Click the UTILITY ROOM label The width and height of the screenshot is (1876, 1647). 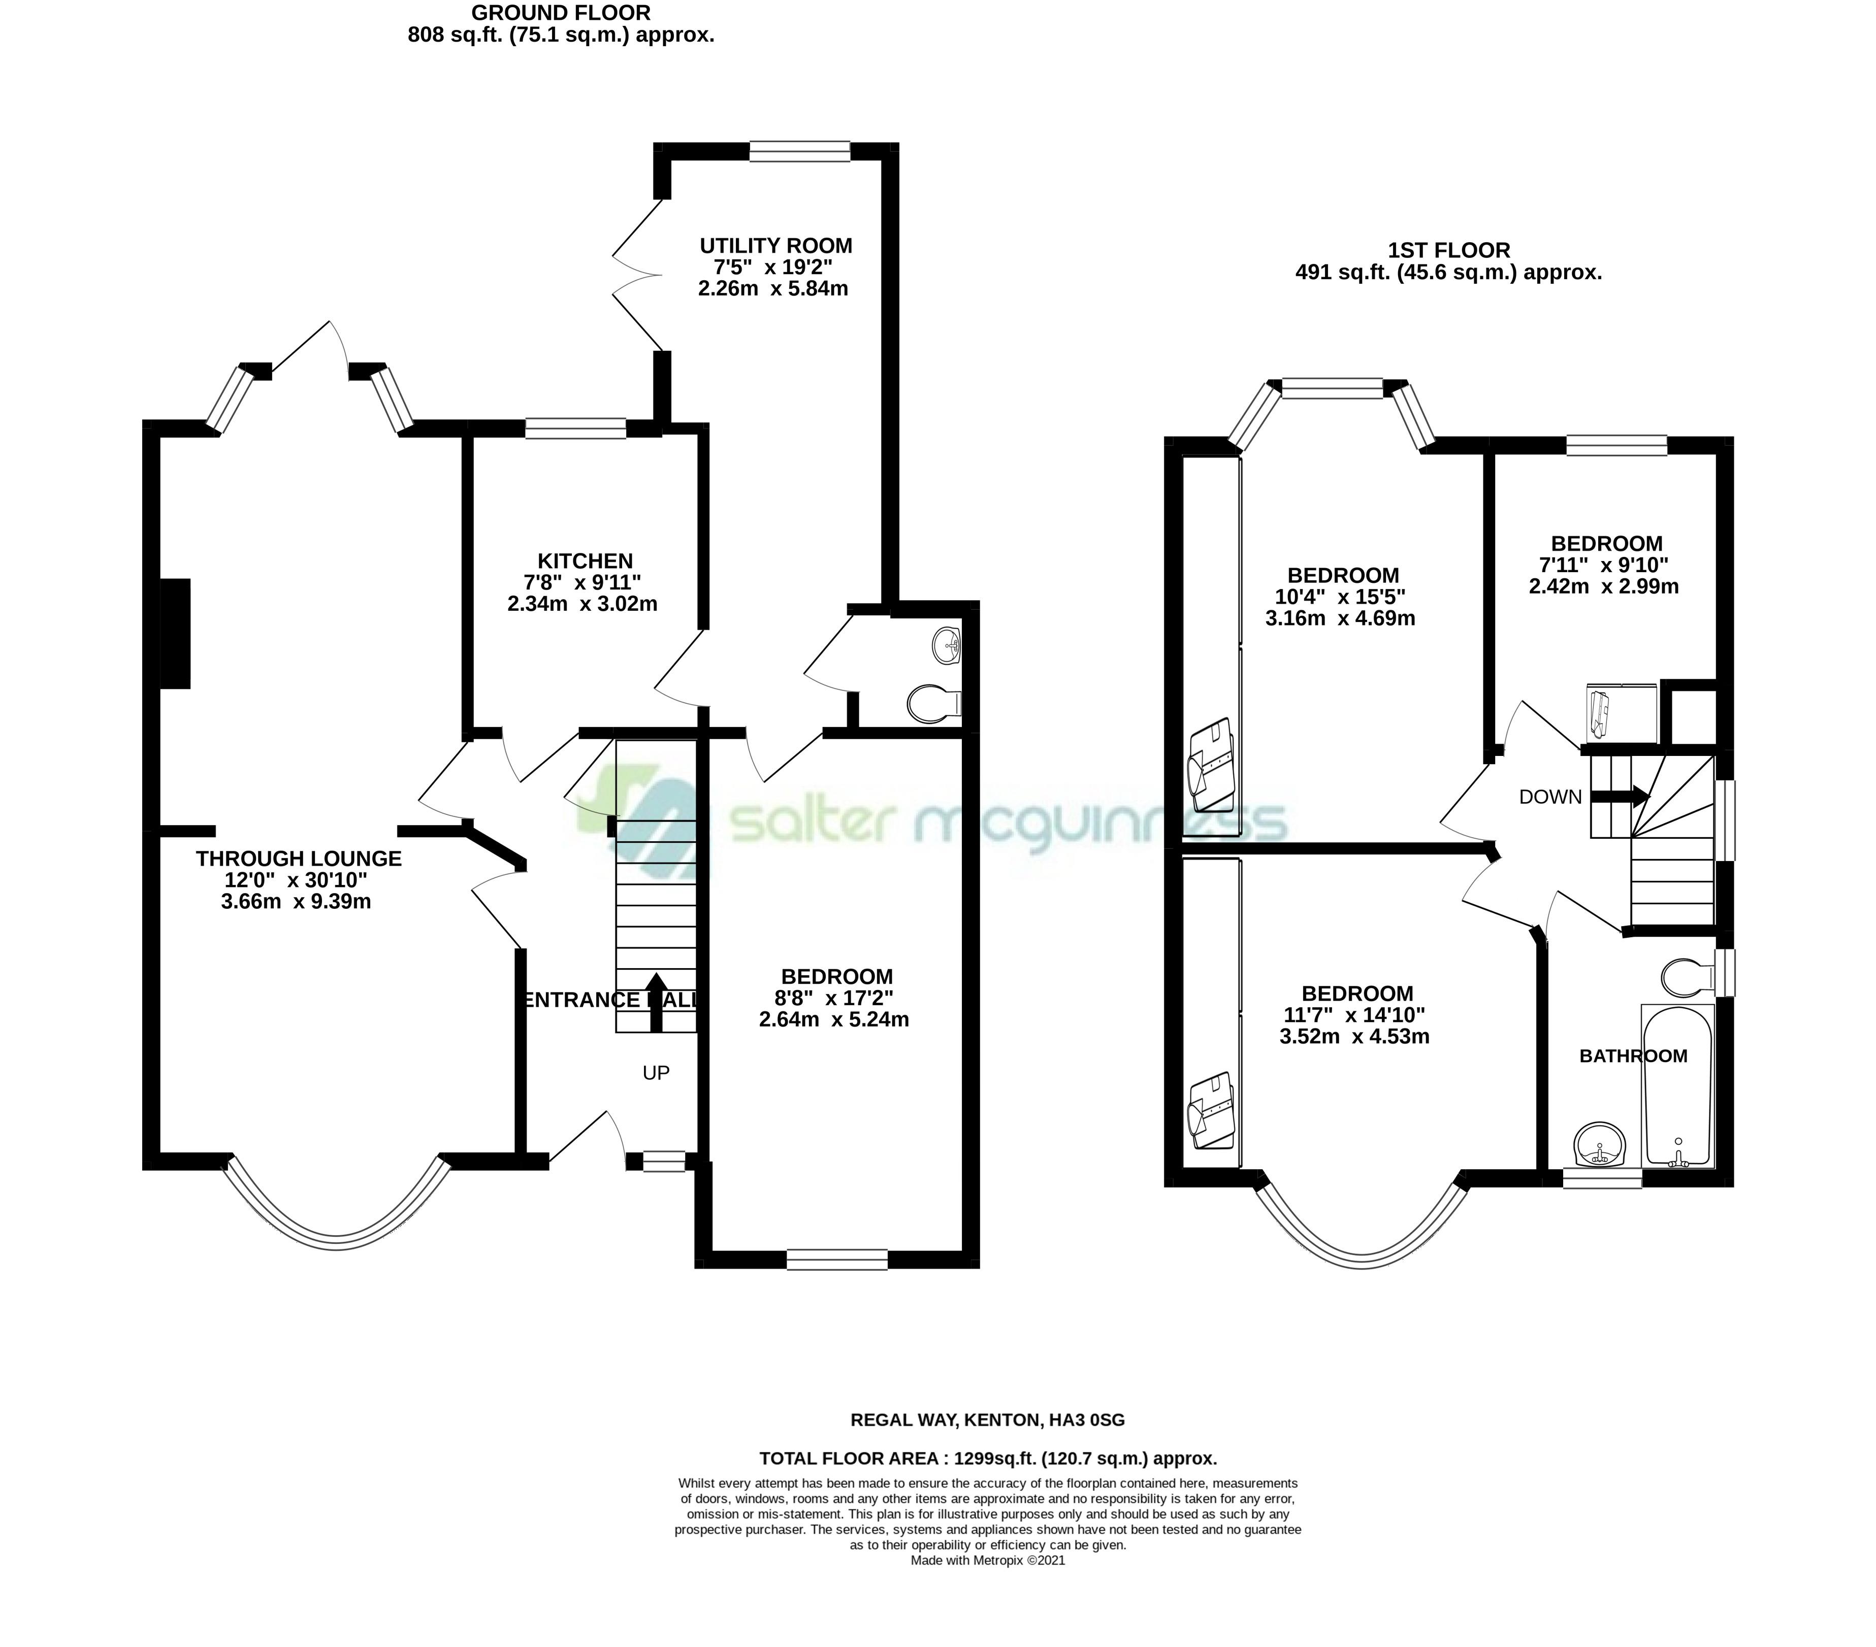pyautogui.click(x=775, y=246)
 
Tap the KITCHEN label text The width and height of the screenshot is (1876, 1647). pyautogui.click(x=585, y=561)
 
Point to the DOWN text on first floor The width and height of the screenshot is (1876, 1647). pyautogui.click(x=1550, y=797)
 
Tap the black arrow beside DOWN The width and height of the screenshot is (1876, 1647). pyautogui.click(x=1626, y=797)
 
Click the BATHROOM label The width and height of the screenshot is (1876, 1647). pyautogui.click(x=1633, y=1056)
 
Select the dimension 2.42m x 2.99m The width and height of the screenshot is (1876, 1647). pyautogui.click(x=1603, y=586)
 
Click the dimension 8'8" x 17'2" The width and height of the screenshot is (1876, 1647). pyautogui.click(x=833, y=997)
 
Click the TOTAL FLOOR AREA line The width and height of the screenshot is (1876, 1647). pyautogui.click(x=988, y=1458)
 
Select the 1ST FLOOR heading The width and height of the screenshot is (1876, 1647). pyautogui.click(x=1448, y=250)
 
